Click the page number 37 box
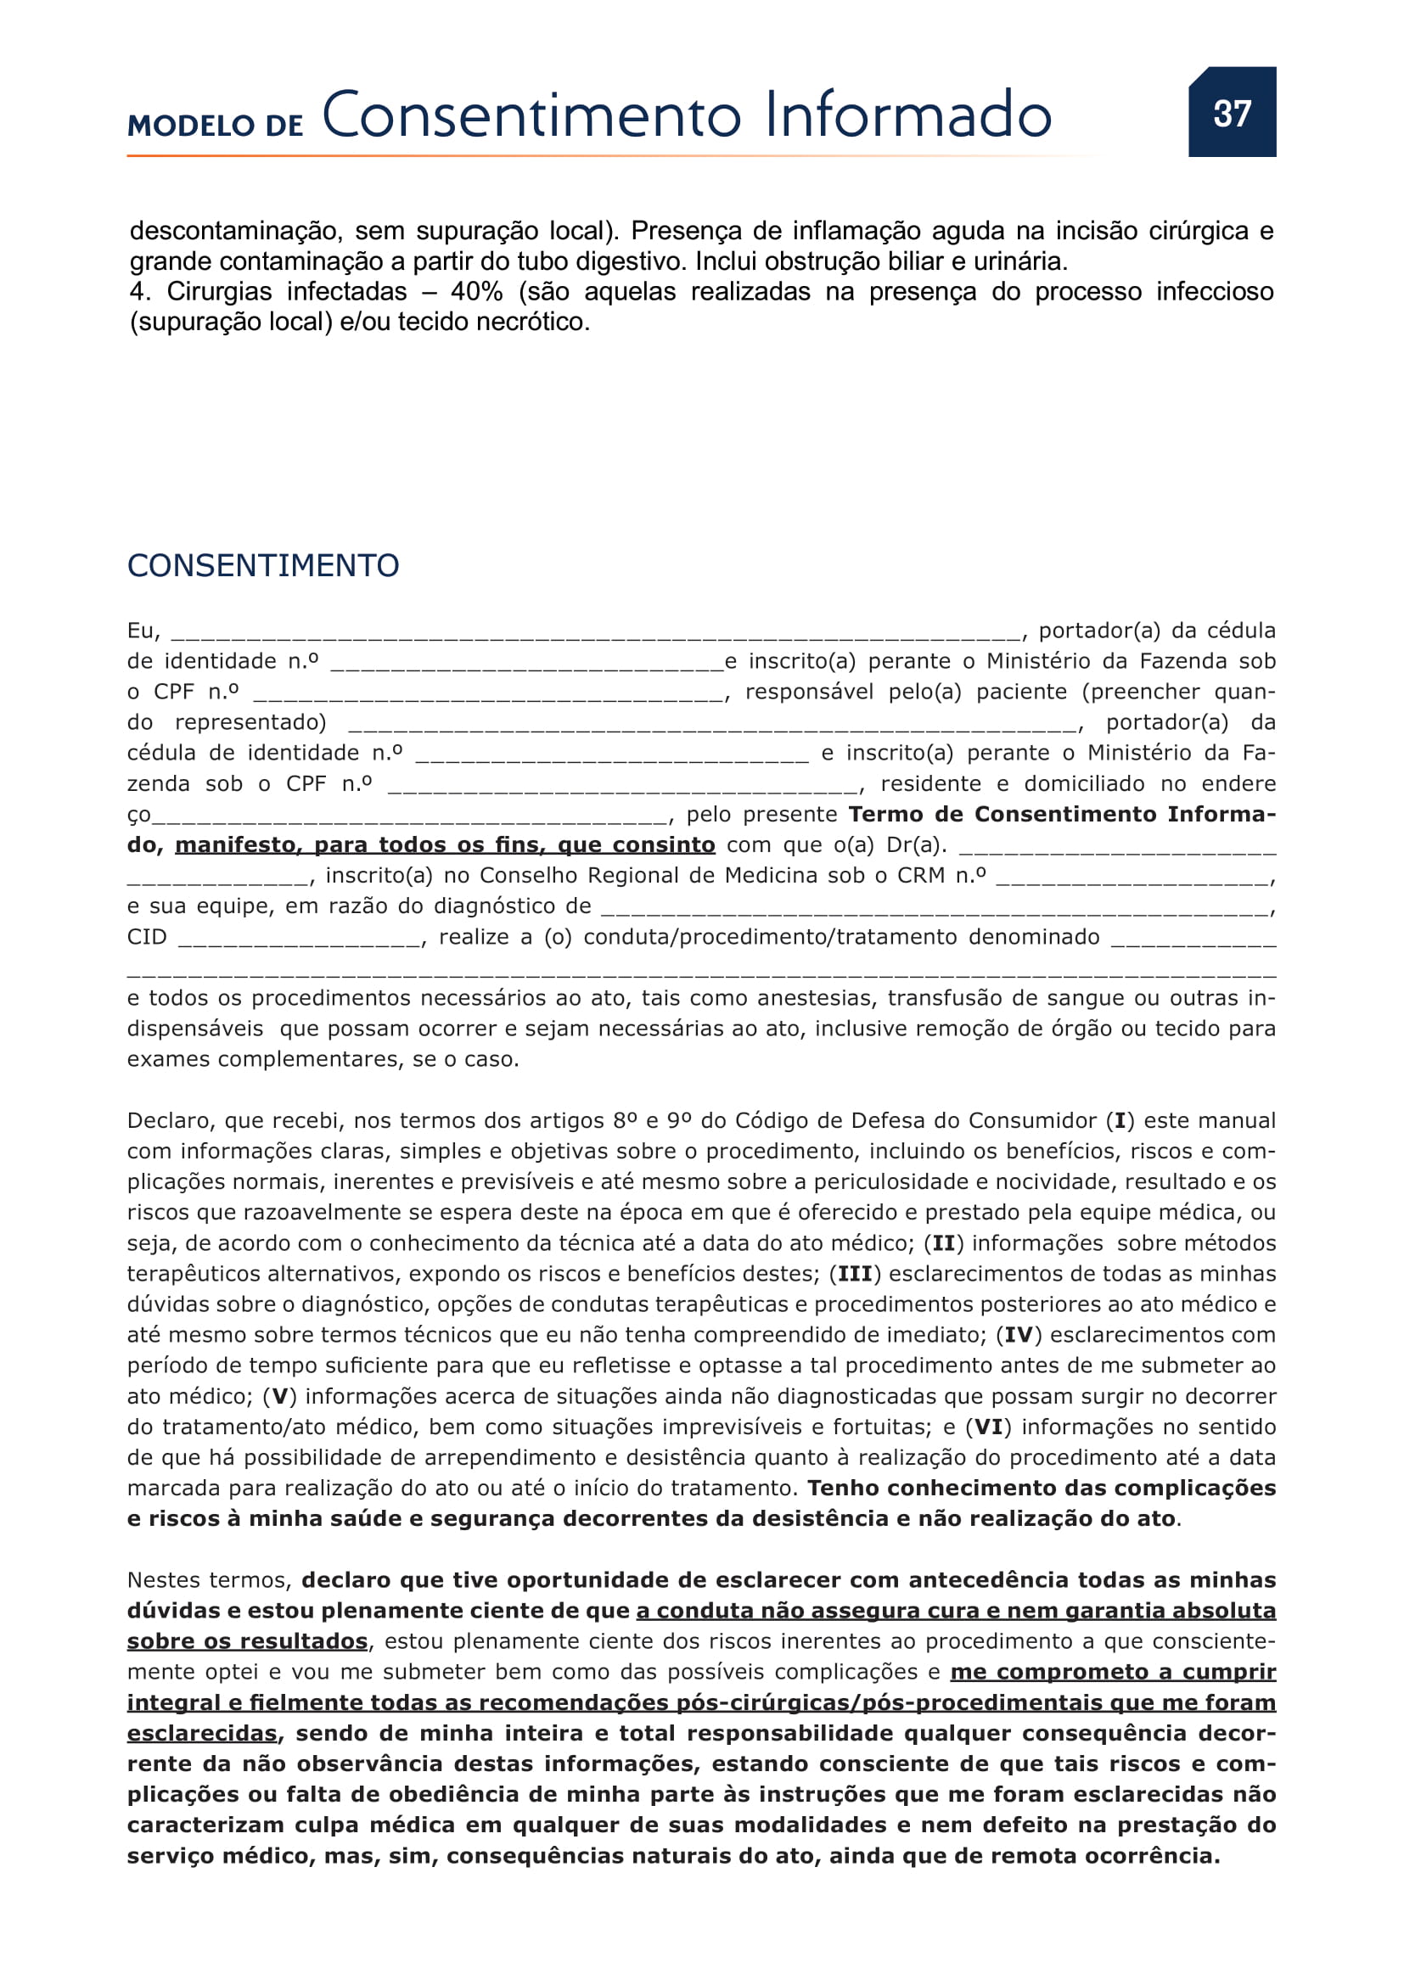1231,112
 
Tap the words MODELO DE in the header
216,126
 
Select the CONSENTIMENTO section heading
263,565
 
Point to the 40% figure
476,291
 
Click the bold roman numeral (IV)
1019,1335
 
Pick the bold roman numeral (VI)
988,1427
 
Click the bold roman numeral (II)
943,1243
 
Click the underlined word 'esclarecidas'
202,1734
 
